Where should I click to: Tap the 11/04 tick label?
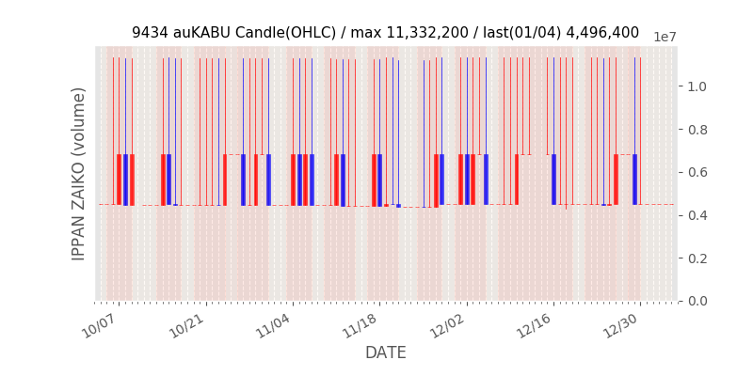[x=273, y=326]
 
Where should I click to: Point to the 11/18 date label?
[x=360, y=326]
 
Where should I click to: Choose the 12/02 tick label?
[x=447, y=326]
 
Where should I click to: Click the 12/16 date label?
[x=534, y=326]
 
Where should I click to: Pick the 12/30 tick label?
[x=621, y=326]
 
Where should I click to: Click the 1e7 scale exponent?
[x=665, y=37]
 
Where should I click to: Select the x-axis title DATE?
[x=386, y=353]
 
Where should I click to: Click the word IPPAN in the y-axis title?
[x=80, y=233]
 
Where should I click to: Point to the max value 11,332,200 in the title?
[x=411, y=33]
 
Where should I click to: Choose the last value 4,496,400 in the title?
[x=601, y=33]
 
